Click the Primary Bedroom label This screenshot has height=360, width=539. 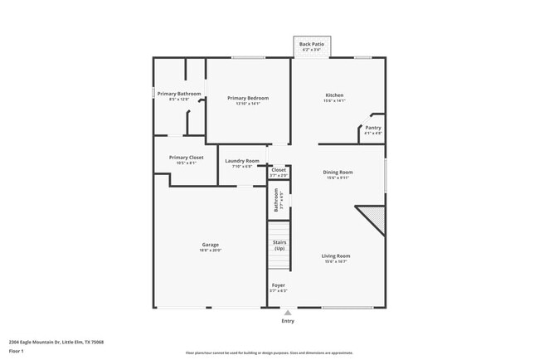click(x=248, y=98)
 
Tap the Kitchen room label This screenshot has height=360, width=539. click(x=334, y=95)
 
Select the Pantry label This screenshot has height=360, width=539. click(x=373, y=128)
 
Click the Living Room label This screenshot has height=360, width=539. click(x=336, y=255)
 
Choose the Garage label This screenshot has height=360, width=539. click(x=211, y=245)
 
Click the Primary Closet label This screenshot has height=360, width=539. click(x=186, y=158)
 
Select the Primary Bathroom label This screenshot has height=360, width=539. click(x=180, y=94)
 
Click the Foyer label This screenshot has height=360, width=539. click(x=279, y=285)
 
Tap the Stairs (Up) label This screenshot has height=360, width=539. click(x=279, y=246)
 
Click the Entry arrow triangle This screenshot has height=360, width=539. click(x=288, y=313)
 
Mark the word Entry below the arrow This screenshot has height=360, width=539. click(x=288, y=321)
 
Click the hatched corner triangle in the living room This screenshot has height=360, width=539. click(x=375, y=219)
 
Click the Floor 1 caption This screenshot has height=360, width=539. click(x=17, y=351)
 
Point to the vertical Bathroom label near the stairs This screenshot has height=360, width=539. click(x=276, y=200)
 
